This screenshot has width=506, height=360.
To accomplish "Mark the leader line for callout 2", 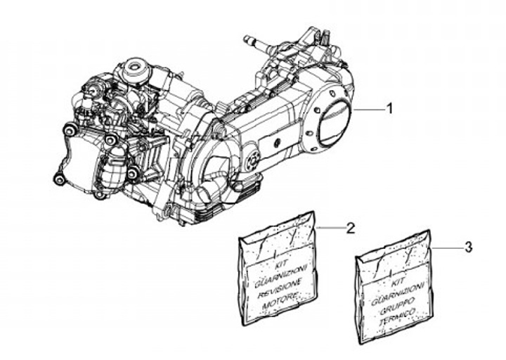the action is point(330,229).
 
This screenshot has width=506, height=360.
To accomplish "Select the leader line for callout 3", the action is point(448,248).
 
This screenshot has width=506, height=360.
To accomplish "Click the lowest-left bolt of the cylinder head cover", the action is point(60,180).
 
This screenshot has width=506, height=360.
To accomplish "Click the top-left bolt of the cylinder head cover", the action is point(70,130).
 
